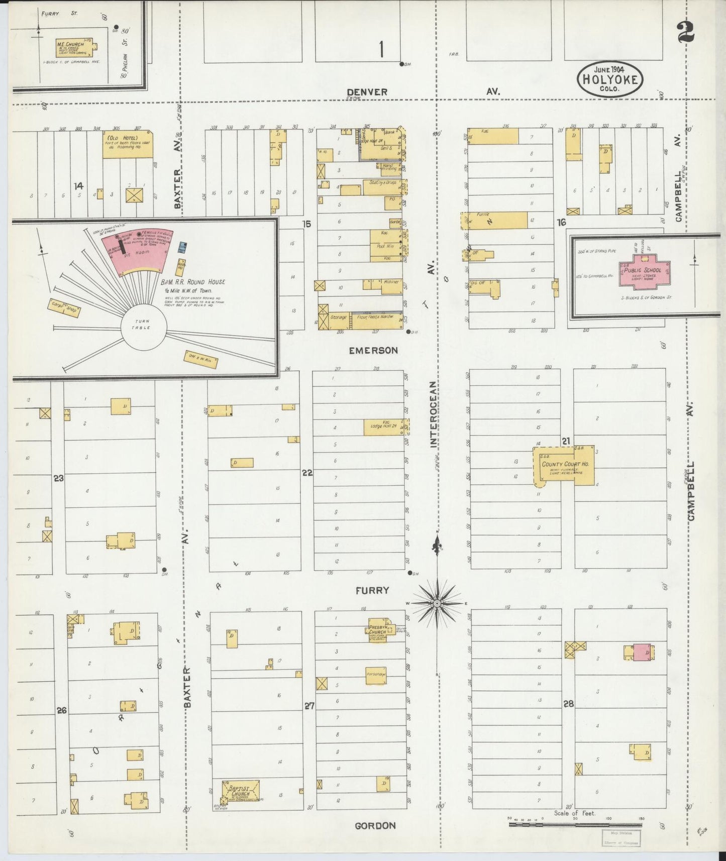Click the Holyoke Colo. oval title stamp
click(610, 79)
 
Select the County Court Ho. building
click(565, 465)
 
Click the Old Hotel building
click(128, 145)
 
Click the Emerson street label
click(373, 350)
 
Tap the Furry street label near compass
click(372, 590)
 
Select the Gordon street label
click(375, 825)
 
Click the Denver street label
click(367, 92)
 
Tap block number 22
click(307, 473)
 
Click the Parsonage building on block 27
click(376, 675)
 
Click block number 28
click(568, 704)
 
